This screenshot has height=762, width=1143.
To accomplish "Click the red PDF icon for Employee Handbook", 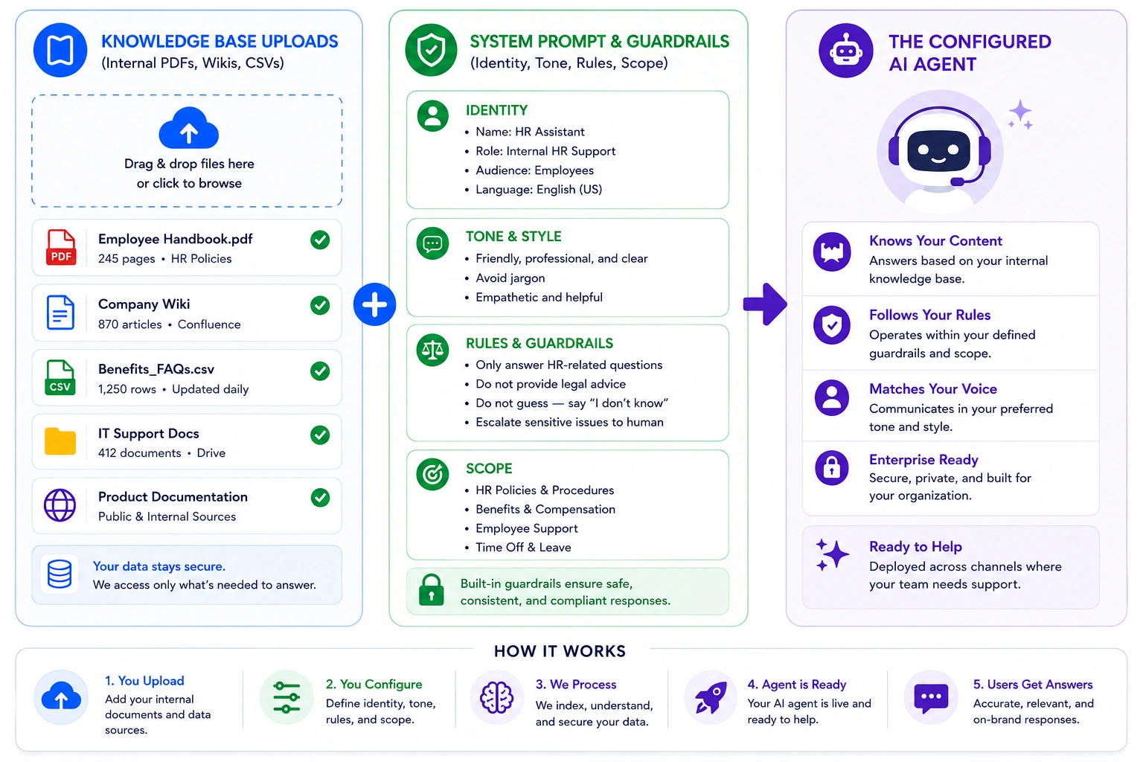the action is (61, 248).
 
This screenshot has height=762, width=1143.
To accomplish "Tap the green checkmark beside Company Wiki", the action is (320, 305).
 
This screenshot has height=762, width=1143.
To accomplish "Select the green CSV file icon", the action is (60, 378).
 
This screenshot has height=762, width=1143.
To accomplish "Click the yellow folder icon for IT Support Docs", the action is (60, 441).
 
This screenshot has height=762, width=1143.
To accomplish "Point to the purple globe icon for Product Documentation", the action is (60, 505).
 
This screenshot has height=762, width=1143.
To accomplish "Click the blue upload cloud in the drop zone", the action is (189, 128).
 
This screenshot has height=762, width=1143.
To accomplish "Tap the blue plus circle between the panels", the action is (374, 304).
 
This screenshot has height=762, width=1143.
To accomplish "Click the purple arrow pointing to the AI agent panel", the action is (765, 304).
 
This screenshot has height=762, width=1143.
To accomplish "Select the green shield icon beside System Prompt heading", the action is (431, 50).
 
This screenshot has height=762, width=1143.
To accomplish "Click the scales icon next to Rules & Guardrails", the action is (432, 350).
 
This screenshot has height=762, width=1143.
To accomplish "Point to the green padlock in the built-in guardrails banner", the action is (431, 590).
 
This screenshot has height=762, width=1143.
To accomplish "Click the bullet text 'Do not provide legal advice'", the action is (551, 384).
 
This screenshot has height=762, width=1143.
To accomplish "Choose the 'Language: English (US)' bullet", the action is (539, 189).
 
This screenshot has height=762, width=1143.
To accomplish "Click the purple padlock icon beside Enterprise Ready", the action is (832, 467).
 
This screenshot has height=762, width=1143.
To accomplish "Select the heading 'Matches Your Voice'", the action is (932, 389).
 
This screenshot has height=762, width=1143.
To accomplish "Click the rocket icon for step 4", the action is (711, 697).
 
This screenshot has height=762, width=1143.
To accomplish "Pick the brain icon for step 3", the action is (496, 697).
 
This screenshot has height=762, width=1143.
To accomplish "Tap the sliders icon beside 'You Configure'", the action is (286, 697).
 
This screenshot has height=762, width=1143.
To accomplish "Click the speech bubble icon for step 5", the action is (931, 698).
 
